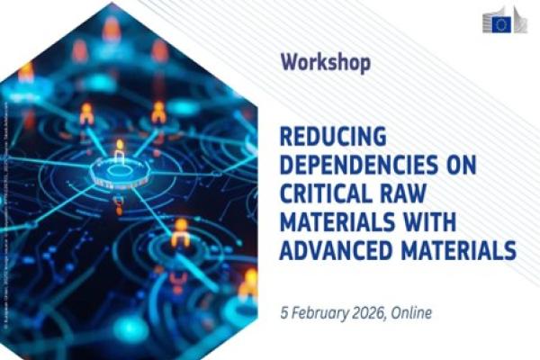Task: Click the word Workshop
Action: (325, 63)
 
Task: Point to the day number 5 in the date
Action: (283, 312)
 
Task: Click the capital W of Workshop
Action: (290, 63)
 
